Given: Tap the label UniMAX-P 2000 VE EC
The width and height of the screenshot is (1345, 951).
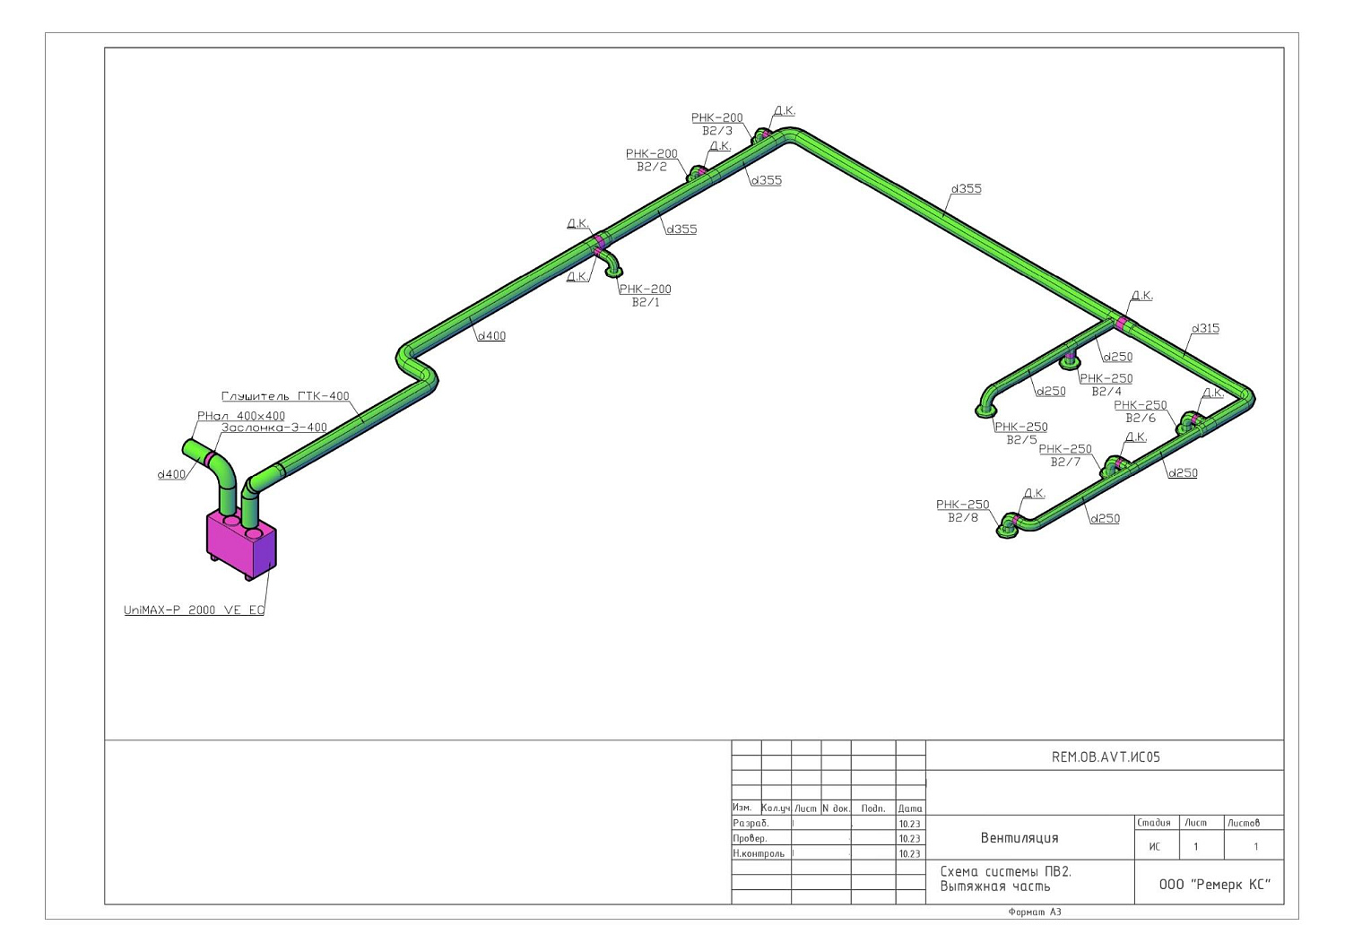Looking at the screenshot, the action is point(194,610).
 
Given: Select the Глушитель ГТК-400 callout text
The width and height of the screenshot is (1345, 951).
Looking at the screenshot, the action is point(285,396).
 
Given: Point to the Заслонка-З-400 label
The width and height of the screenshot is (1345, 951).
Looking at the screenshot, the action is point(274,428).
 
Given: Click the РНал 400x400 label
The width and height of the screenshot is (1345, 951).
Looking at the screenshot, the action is point(241,416).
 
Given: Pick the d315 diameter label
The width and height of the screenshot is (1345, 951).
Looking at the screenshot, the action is point(1205,328).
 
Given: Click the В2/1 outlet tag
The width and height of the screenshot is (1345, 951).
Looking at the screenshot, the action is point(646,303).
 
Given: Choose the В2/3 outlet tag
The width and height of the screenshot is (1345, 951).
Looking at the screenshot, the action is point(717,131).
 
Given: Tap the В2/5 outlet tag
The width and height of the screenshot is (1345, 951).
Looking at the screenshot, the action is point(1022,440).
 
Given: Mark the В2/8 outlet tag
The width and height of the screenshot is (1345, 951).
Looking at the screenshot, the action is point(963,517).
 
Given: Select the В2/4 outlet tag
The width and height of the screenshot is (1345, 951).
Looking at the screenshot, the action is point(1106,392).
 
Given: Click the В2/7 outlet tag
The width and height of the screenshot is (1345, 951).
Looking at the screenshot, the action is point(1066,463).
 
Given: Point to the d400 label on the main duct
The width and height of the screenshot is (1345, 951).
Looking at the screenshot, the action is point(491,336).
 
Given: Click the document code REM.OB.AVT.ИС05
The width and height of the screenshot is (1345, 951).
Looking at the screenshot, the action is point(1106,757).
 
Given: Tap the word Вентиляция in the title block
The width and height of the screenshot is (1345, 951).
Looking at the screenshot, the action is point(1020,837).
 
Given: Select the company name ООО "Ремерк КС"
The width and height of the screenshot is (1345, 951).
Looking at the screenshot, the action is point(1215,885).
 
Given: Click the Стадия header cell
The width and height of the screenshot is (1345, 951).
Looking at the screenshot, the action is point(1154,823).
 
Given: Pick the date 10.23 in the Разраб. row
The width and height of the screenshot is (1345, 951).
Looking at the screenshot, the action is point(910,824).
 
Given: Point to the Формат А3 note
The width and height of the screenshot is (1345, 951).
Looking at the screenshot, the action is point(1035,912).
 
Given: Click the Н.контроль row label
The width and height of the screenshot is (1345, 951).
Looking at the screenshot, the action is point(759,853).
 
